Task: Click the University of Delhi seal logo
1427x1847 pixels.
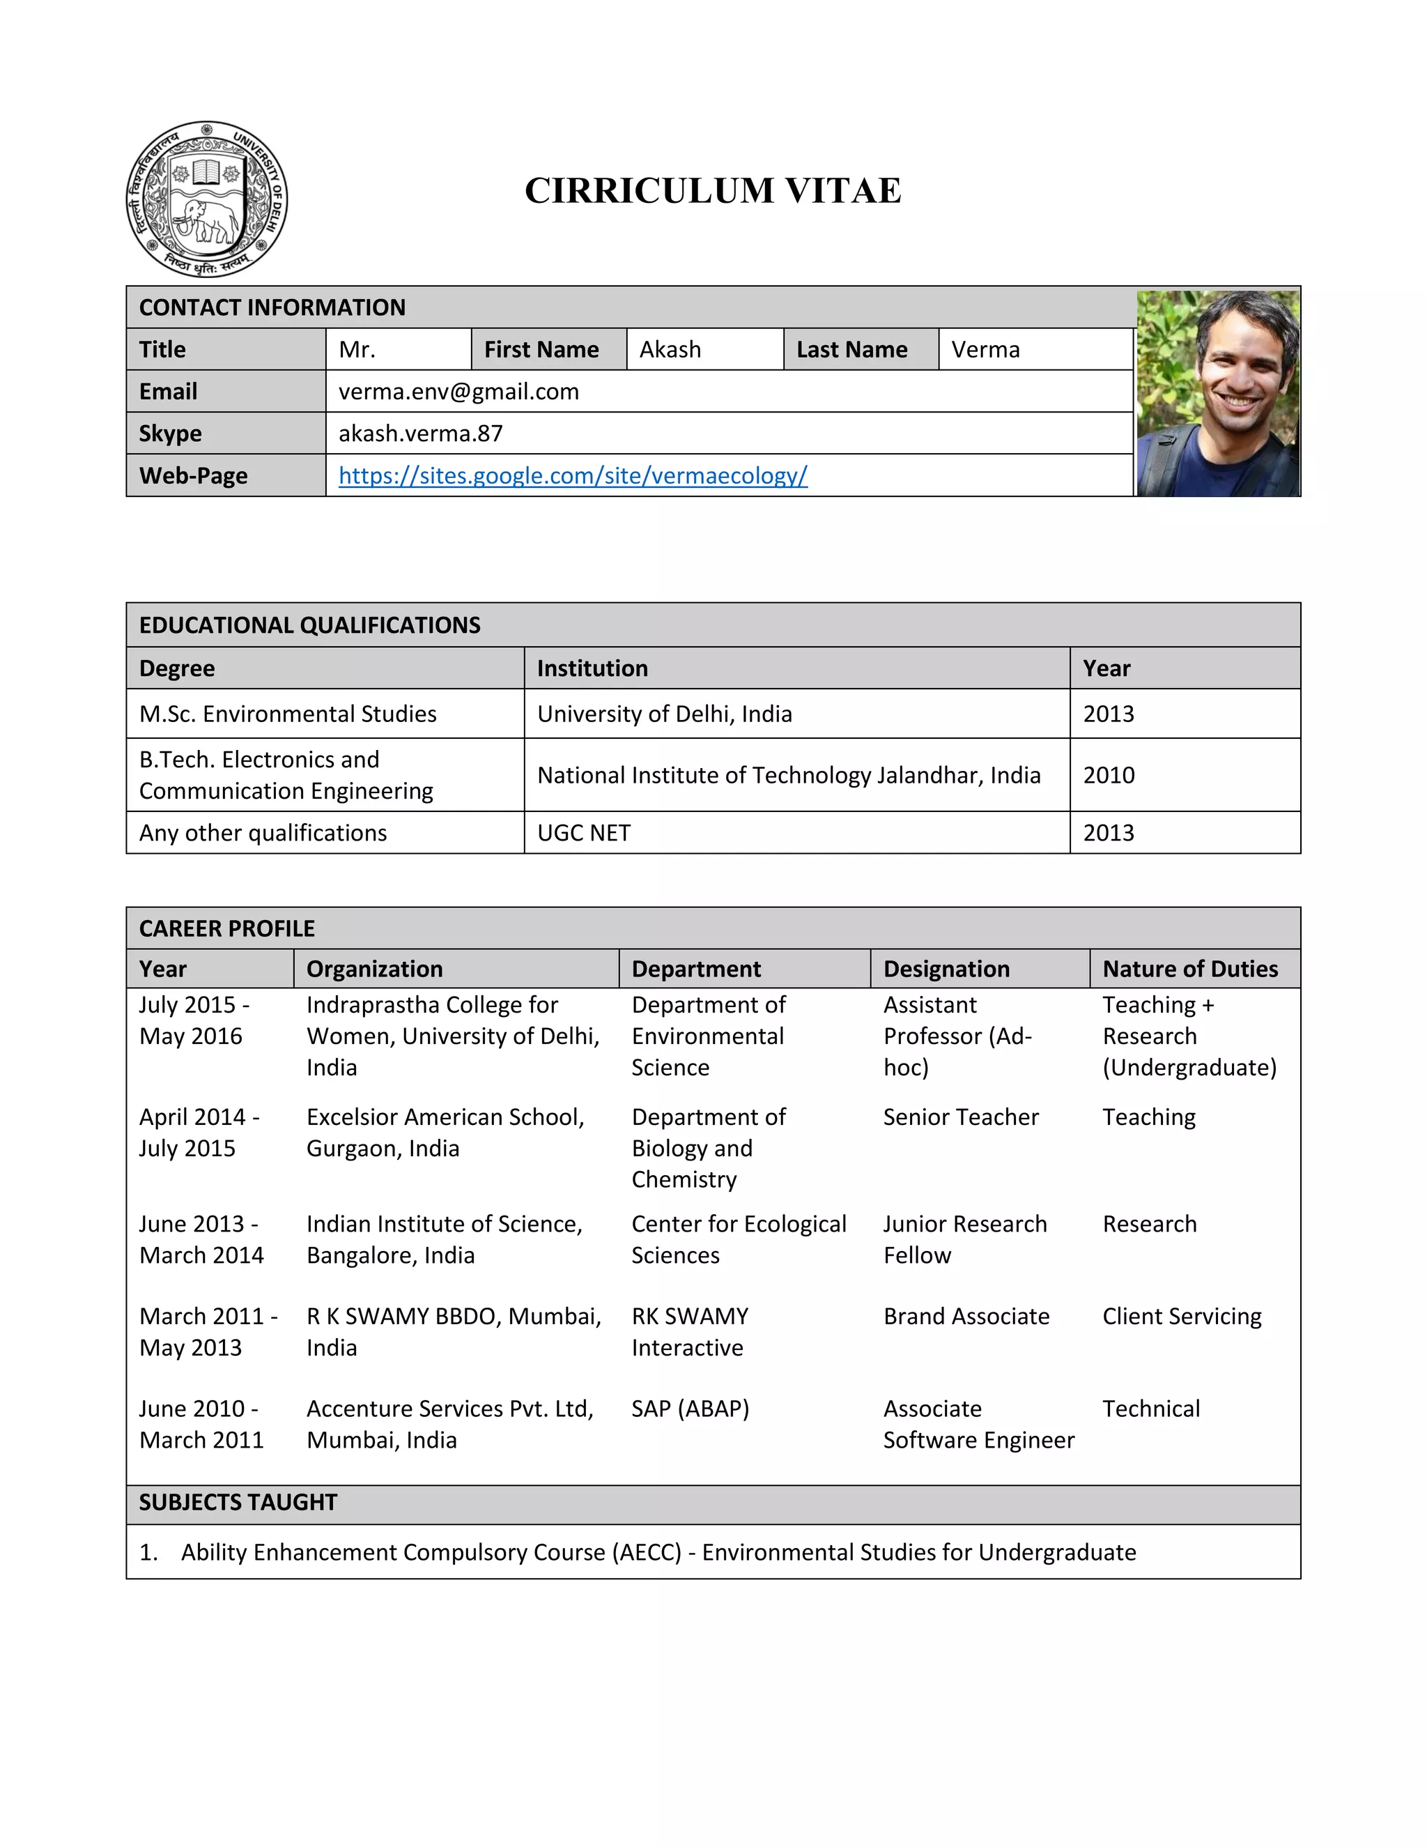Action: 206,199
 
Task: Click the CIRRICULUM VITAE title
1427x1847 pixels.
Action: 713,190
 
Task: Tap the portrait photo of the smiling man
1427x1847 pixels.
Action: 1217,393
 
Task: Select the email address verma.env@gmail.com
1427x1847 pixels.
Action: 458,392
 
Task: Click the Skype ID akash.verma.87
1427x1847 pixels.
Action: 420,433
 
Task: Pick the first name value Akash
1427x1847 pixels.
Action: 670,349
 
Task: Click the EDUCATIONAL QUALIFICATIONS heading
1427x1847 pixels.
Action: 309,625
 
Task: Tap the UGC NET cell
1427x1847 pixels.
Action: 583,833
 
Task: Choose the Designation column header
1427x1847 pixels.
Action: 946,970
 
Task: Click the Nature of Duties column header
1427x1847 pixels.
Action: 1189,970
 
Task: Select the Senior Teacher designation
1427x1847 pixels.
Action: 960,1117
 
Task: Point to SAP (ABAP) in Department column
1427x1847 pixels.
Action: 690,1409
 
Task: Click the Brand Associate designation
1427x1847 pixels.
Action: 966,1317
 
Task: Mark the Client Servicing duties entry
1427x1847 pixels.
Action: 1181,1317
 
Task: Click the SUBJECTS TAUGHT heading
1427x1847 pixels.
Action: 238,1502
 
